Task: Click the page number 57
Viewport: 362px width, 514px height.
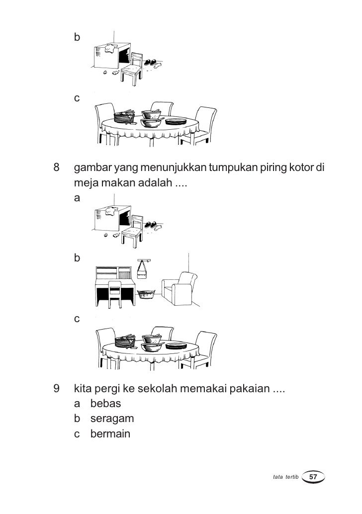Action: coord(313,477)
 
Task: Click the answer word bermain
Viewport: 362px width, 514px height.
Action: coord(110,434)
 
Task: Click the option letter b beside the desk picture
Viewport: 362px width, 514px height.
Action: coord(77,258)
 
